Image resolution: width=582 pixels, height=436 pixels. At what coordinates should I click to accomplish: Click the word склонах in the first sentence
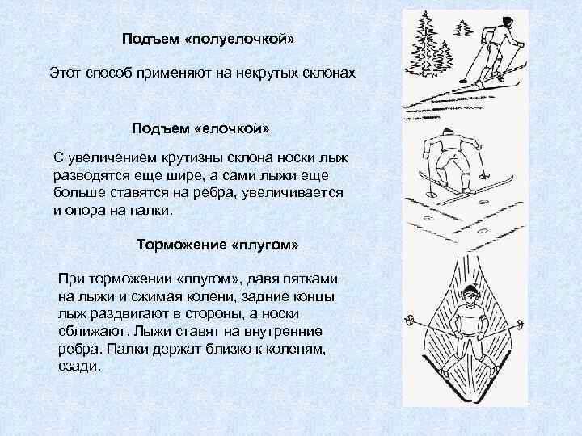(x=327, y=73)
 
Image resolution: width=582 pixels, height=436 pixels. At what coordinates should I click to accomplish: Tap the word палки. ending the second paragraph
(x=150, y=210)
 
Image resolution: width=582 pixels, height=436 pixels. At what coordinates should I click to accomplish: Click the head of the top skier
(x=506, y=21)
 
